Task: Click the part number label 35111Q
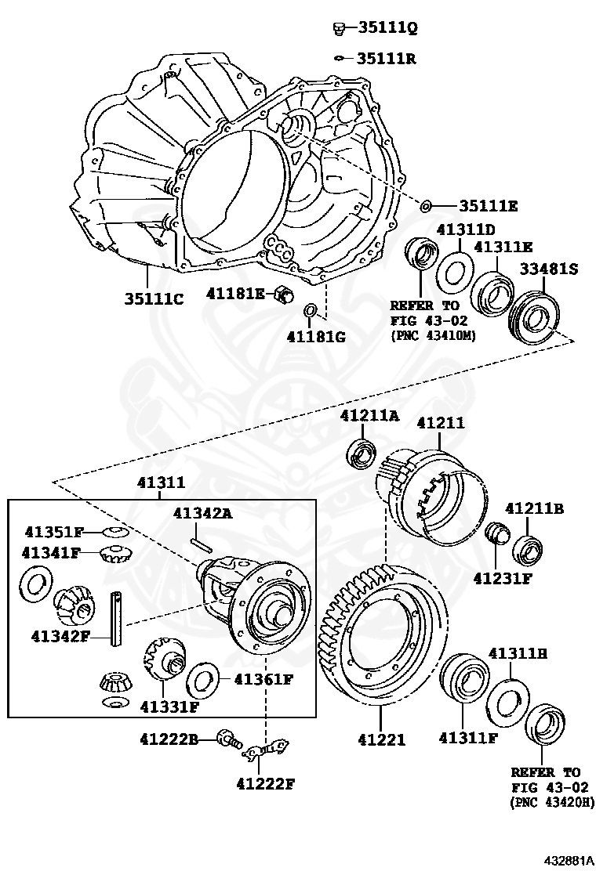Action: click(387, 28)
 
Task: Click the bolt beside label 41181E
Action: click(282, 295)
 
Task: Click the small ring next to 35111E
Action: click(426, 206)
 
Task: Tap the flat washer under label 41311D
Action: click(454, 271)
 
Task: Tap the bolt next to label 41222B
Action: click(228, 738)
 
